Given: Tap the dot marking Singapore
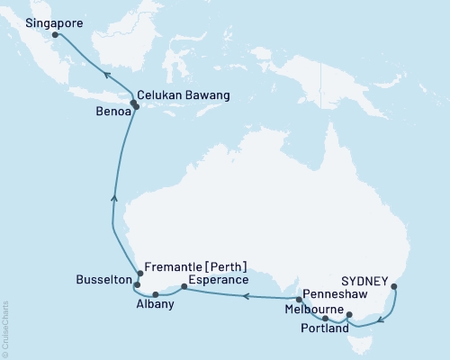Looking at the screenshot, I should point(55,35).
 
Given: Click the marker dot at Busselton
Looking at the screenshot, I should point(137,284).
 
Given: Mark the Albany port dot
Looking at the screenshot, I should point(156,294).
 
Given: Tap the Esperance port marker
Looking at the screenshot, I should point(184,288).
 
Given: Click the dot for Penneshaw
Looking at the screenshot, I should point(299,299).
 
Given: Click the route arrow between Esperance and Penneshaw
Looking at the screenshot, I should point(244,305).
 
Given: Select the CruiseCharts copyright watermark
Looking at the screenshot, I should point(5,328).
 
